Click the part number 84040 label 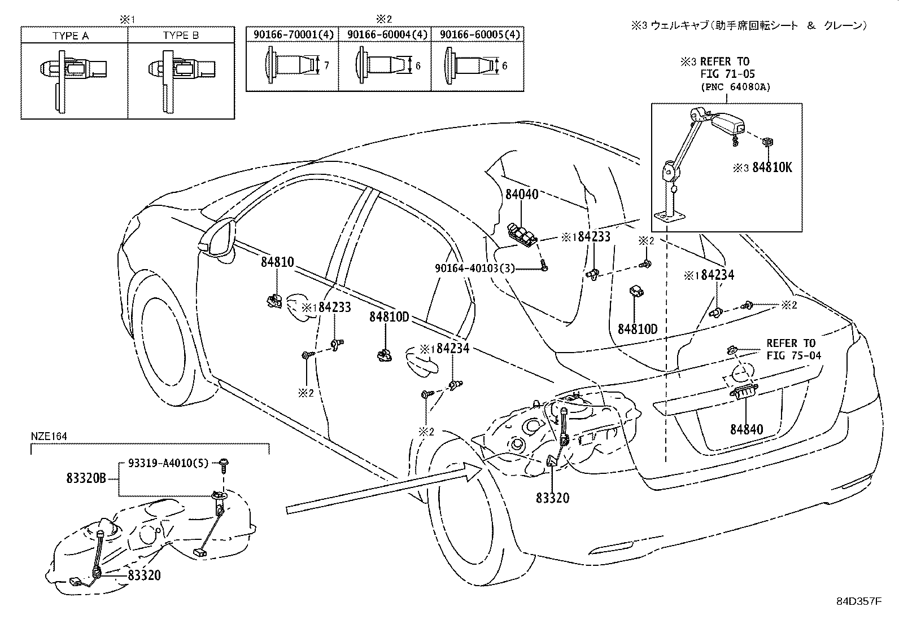click(x=521, y=194)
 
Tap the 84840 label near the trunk click(x=746, y=429)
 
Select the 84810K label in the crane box click(x=772, y=168)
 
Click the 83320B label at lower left click(x=86, y=480)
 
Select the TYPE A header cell click(x=71, y=36)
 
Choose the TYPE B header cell click(x=181, y=36)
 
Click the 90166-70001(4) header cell click(x=293, y=35)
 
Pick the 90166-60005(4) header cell click(x=478, y=35)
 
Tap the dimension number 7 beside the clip click(x=326, y=66)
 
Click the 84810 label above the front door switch click(x=277, y=262)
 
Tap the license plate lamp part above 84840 click(x=744, y=391)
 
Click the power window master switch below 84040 click(x=522, y=234)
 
